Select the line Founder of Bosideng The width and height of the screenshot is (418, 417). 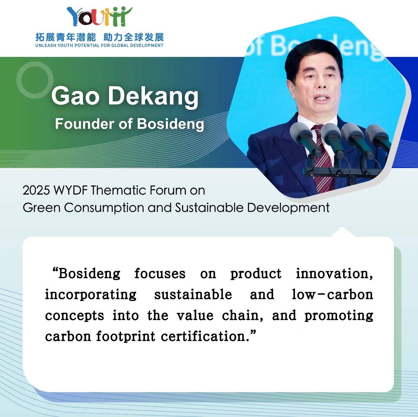click(x=130, y=124)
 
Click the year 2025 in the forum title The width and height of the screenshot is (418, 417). click(x=36, y=191)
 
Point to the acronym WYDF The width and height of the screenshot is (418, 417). click(x=71, y=191)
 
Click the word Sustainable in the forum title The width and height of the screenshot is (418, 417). click(x=209, y=208)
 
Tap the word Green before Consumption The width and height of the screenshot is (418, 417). click(x=42, y=208)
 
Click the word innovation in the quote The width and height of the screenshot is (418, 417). click(x=334, y=273)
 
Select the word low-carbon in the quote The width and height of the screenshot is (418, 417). click(x=332, y=295)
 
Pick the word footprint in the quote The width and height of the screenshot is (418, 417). click(x=126, y=336)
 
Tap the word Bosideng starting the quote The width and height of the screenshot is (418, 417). click(x=89, y=274)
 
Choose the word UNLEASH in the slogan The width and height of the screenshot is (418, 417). click(x=43, y=46)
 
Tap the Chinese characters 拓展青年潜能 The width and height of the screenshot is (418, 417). click(x=66, y=38)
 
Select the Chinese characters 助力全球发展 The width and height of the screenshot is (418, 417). click(x=134, y=38)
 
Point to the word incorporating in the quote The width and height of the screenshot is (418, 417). click(x=91, y=295)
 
